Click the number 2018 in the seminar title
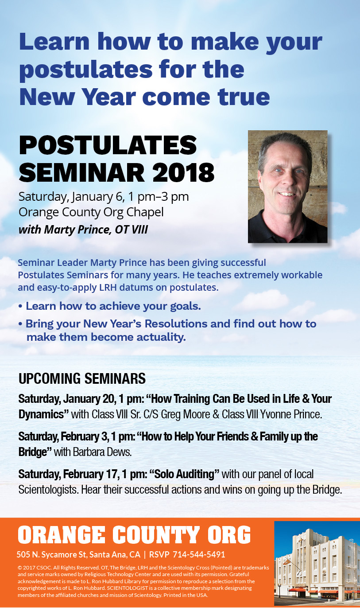tap(184, 173)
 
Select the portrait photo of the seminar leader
tap(287, 187)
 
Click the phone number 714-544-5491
tap(199, 554)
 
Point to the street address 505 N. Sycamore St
tap(51, 554)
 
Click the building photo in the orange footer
tap(317, 563)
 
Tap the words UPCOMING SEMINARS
tap(82, 378)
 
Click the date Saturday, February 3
tap(63, 437)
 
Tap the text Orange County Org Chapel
tap(91, 212)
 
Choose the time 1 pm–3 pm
tap(158, 197)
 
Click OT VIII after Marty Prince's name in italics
tap(132, 230)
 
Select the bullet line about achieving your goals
tap(110, 306)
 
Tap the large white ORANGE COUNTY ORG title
tap(134, 535)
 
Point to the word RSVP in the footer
tap(159, 554)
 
